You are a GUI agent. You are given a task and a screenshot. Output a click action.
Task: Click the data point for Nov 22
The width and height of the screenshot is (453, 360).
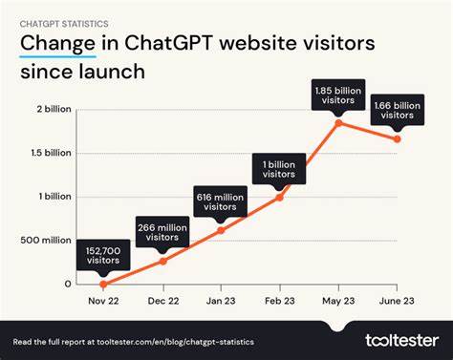103,284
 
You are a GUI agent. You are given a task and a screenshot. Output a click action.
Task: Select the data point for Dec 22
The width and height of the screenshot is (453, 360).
162,261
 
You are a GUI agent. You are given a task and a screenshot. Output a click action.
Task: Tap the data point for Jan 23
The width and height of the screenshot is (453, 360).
222,230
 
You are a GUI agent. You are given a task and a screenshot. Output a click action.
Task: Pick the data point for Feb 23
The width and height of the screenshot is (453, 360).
280,197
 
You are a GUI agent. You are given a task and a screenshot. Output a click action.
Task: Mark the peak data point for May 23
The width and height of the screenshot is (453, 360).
339,122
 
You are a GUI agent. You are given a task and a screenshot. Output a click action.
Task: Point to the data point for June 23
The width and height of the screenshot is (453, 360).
398,139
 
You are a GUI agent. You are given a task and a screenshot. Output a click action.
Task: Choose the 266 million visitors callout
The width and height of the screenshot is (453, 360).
162,233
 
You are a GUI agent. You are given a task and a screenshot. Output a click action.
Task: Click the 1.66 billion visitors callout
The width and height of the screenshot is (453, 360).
398,112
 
